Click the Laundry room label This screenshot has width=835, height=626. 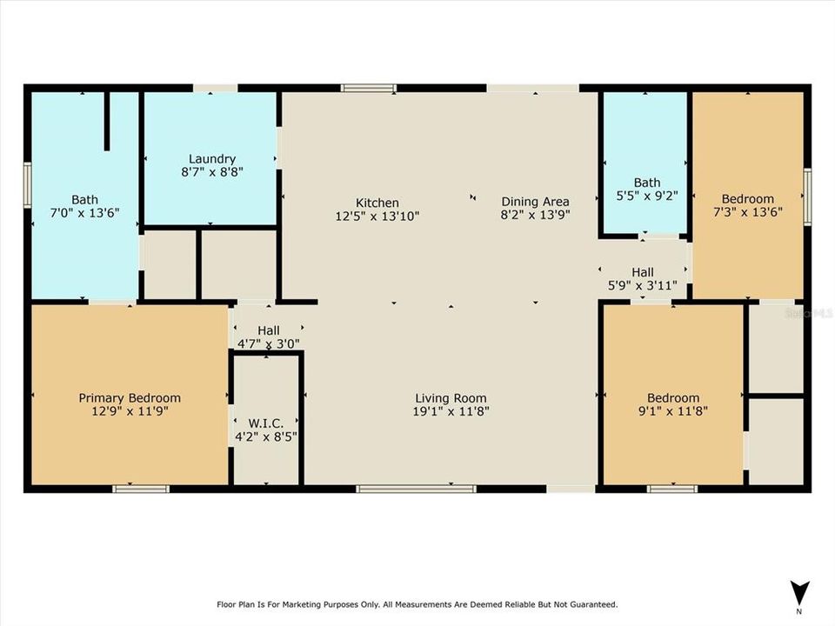pos(212,159)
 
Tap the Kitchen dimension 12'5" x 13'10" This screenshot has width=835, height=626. pos(377,216)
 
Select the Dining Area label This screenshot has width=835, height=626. pos(535,202)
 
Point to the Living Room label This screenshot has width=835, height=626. pos(451,398)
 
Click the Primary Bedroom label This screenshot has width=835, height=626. pos(130,398)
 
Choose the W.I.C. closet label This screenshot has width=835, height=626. pos(266,423)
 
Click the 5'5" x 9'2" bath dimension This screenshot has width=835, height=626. pos(646,196)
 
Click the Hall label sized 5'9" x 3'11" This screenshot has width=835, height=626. pos(643,272)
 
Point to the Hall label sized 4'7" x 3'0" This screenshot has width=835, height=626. pos(268,330)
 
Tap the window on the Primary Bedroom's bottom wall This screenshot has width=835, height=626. pos(141,489)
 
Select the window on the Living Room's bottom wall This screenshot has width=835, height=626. pos(416,489)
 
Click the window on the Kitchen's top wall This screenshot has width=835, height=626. pos(368,88)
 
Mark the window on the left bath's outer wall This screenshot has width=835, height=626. pos(28,185)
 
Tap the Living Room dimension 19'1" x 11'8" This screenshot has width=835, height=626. pos(451,412)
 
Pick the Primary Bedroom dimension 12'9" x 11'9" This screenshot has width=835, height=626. pos(130,412)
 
